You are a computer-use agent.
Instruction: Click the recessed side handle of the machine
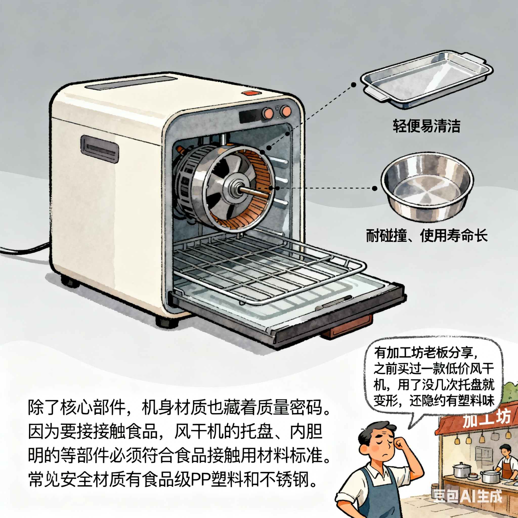pos(100,149)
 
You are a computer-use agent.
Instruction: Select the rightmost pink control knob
pos(286,112)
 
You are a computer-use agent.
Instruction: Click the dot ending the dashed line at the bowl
pos(375,188)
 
